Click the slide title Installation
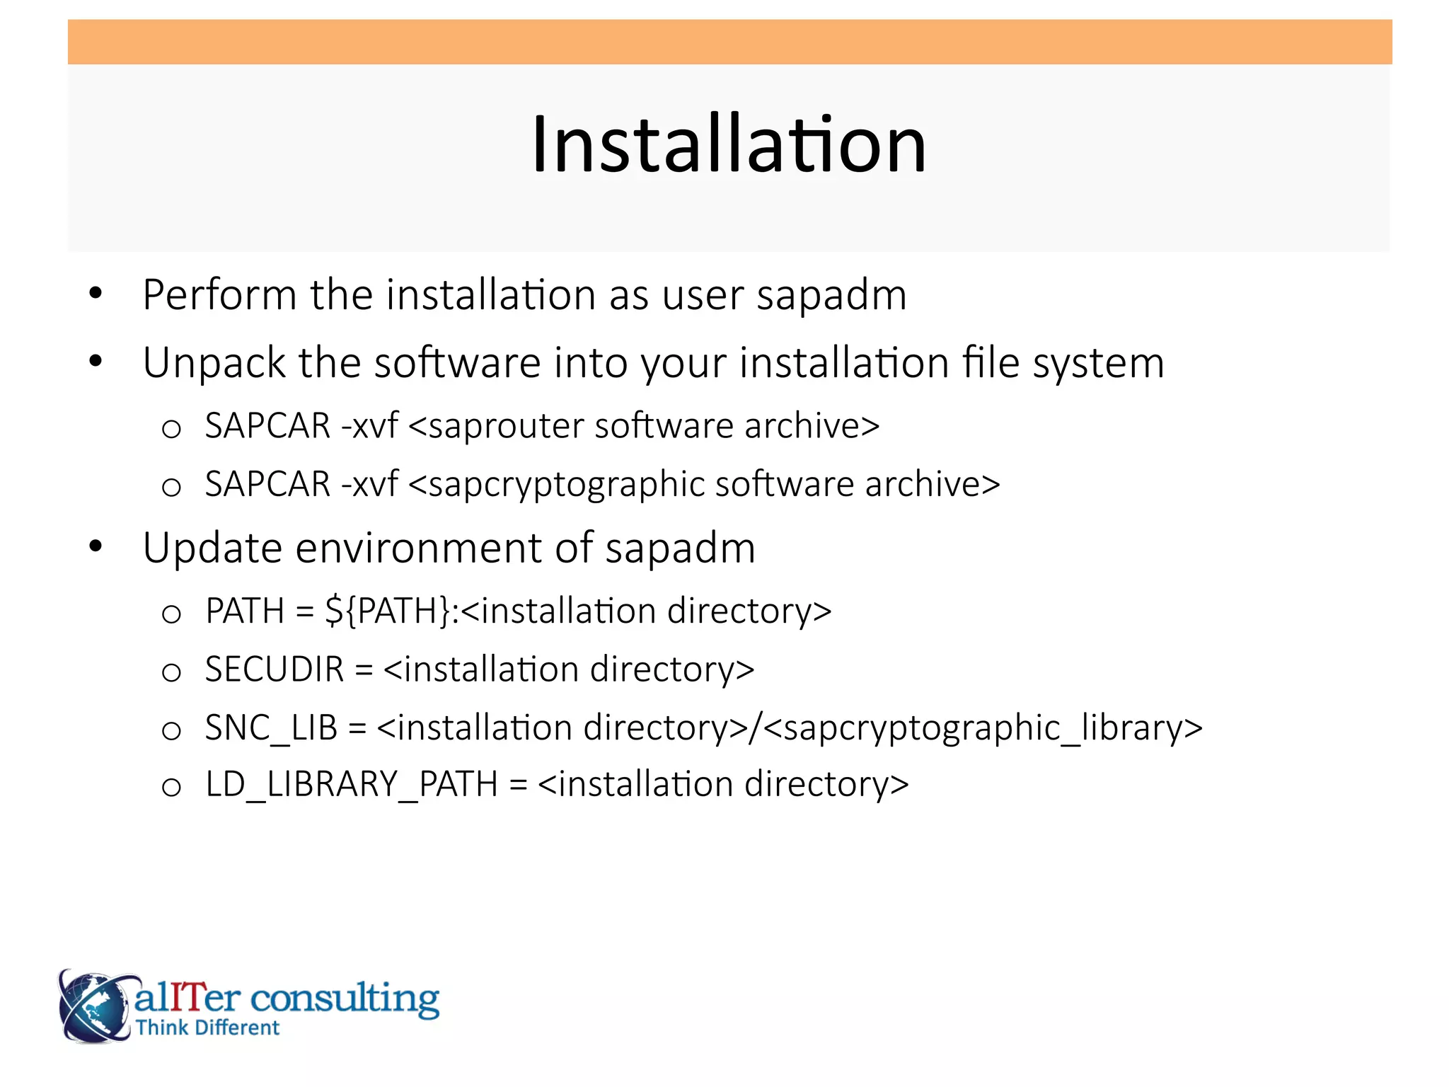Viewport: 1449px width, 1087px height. (728, 144)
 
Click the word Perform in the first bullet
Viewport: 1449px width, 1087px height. (219, 294)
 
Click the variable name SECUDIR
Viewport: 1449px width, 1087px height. (275, 669)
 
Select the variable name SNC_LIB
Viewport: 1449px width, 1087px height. (271, 728)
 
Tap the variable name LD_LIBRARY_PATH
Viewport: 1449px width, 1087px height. (352, 785)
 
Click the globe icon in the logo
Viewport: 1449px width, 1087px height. (94, 1006)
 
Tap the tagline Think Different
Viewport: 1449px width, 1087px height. (207, 1028)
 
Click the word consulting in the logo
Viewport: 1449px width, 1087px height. (345, 999)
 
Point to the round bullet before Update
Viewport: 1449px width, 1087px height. (96, 546)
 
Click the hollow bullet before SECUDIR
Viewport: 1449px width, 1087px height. (171, 672)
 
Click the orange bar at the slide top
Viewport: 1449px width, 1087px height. (729, 42)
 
